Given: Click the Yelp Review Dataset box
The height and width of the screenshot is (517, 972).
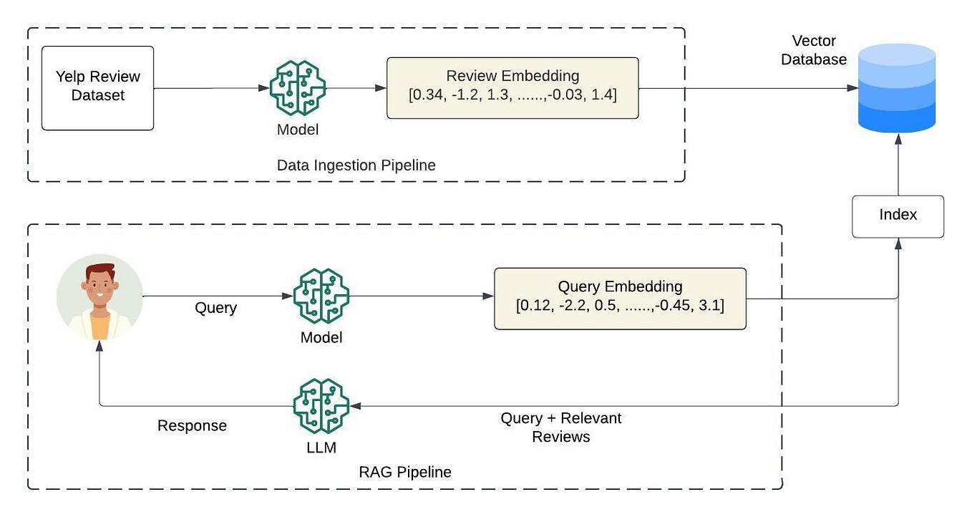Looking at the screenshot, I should pyautogui.click(x=97, y=88).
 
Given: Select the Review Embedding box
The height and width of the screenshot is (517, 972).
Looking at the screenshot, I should pyautogui.click(x=512, y=88).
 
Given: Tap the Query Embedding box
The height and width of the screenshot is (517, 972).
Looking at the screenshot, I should pyautogui.click(x=620, y=299).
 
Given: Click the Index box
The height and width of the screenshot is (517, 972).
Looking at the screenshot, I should pyautogui.click(x=898, y=216).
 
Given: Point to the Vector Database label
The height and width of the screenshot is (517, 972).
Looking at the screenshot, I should pyautogui.click(x=814, y=50).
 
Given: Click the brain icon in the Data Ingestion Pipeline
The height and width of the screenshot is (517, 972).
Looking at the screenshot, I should pyautogui.click(x=297, y=88).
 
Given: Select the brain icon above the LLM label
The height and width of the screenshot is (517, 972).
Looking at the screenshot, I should pyautogui.click(x=321, y=406).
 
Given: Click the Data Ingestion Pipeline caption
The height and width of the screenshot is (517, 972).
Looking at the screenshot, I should pyautogui.click(x=356, y=165).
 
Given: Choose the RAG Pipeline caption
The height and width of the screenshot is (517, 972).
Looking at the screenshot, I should pyautogui.click(x=404, y=472).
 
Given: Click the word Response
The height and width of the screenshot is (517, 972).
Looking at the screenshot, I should pyautogui.click(x=192, y=425).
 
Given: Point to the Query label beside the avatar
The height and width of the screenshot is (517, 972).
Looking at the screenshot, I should pyautogui.click(x=215, y=308).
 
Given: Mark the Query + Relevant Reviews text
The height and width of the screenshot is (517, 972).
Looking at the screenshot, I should pyautogui.click(x=560, y=427).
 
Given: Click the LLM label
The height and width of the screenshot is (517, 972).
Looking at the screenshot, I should pyautogui.click(x=321, y=448).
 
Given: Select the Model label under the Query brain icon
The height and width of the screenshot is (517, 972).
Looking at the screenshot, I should pyautogui.click(x=321, y=337).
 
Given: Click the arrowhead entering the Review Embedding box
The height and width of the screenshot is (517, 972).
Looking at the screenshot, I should pyautogui.click(x=381, y=88).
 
